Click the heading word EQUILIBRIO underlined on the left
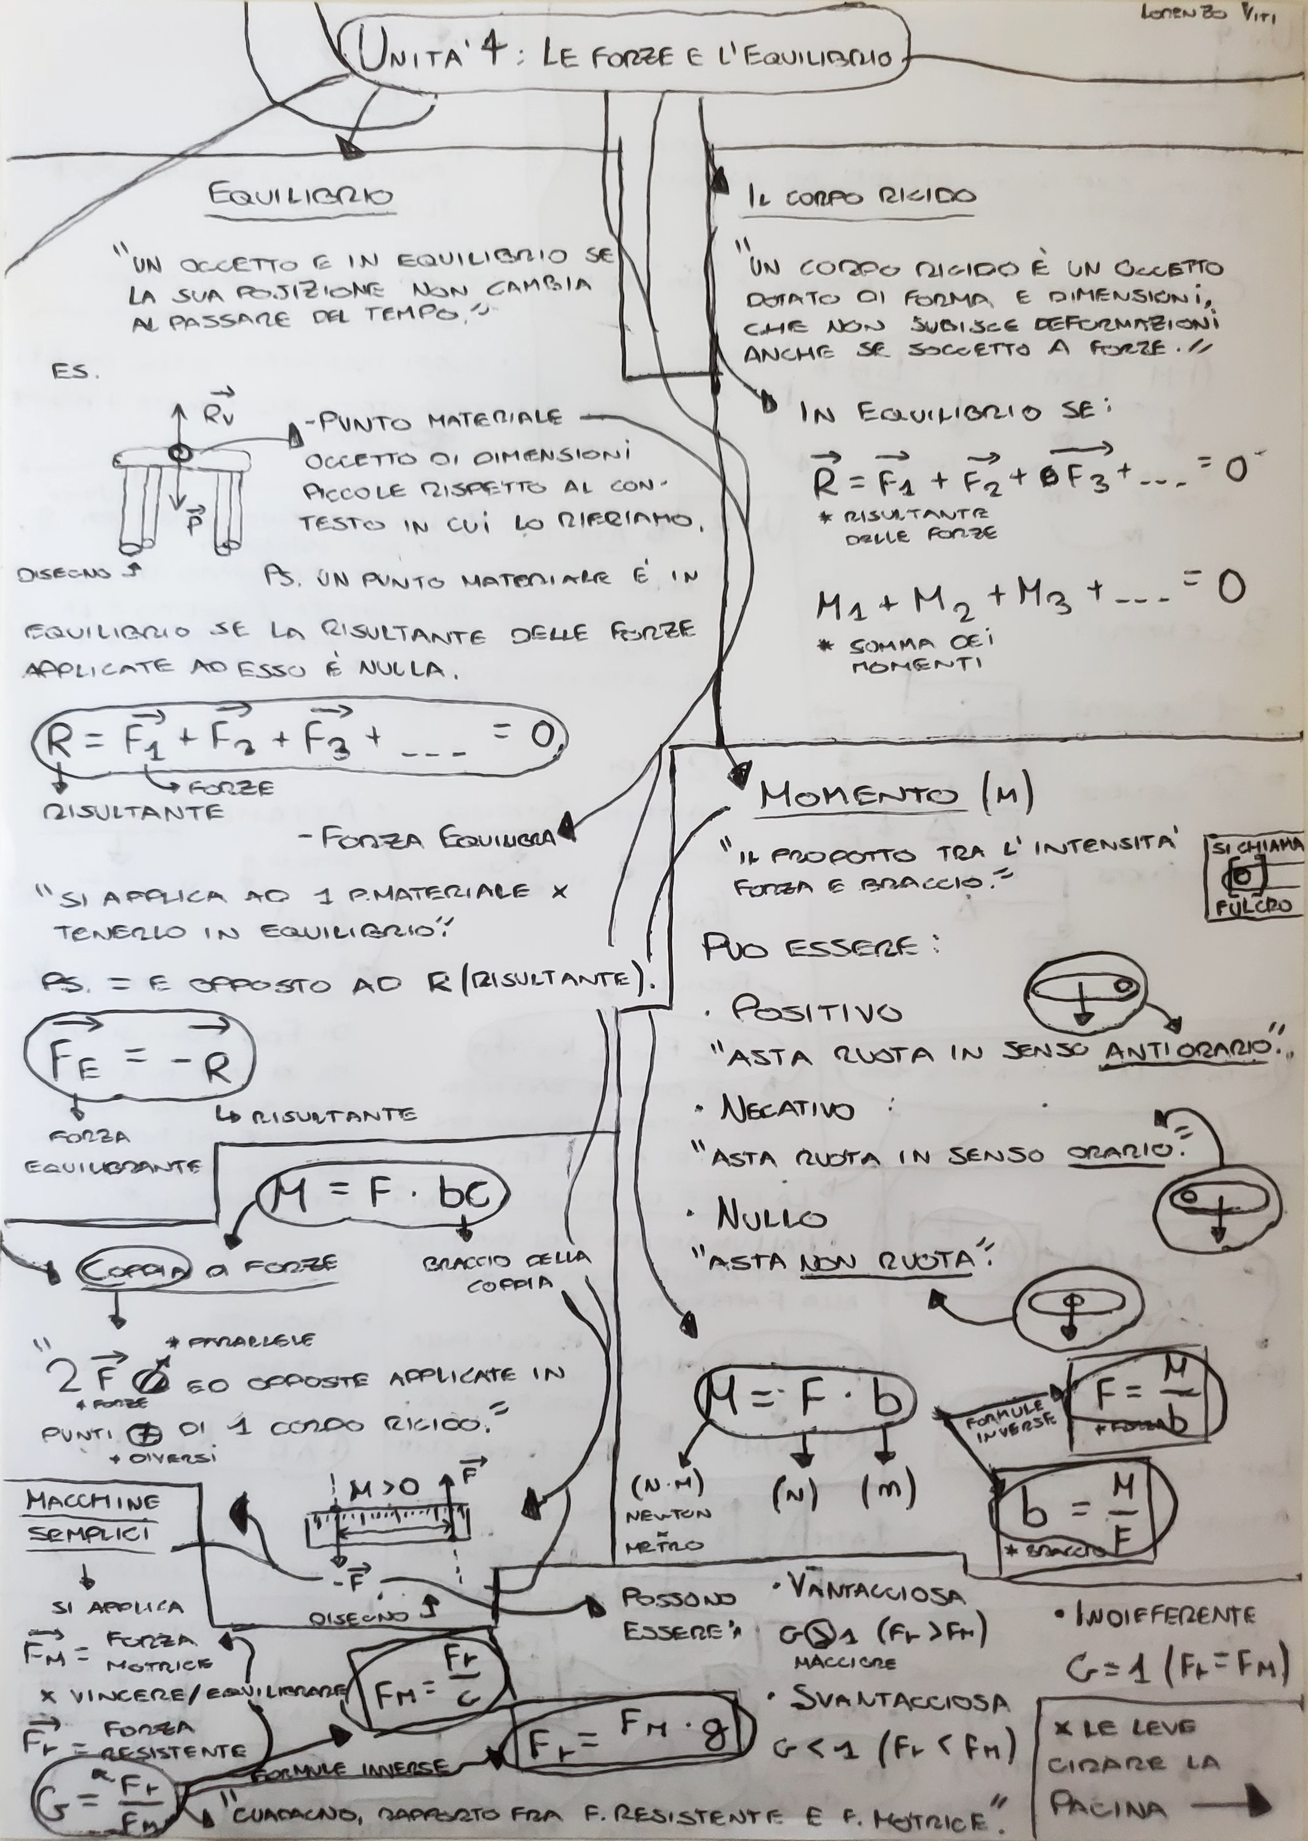(299, 196)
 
